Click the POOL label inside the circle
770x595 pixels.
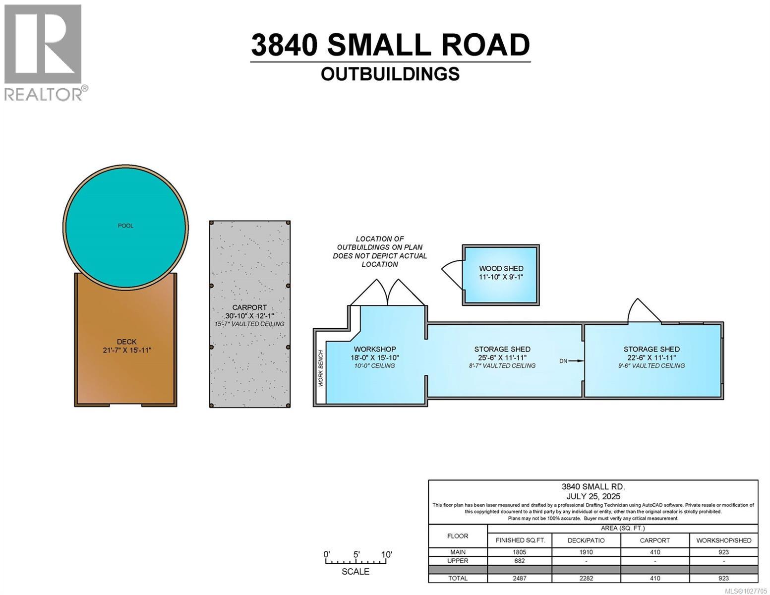[125, 226]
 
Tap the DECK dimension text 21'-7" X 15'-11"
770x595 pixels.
[126, 350]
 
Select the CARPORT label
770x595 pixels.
[249, 307]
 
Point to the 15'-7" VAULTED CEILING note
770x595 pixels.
[249, 324]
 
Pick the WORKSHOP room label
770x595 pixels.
[375, 349]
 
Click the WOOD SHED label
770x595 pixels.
[501, 268]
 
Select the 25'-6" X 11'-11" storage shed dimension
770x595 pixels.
[502, 357]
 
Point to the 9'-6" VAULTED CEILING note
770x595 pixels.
[652, 365]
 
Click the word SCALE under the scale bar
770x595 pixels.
[355, 571]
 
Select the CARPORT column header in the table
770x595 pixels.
[654, 540]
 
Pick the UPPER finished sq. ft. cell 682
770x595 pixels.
[520, 561]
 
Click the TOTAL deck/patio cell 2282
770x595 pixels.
[586, 578]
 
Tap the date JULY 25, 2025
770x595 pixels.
[593, 496]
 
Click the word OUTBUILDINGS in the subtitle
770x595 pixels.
[390, 74]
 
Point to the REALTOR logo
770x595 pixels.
[43, 52]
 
